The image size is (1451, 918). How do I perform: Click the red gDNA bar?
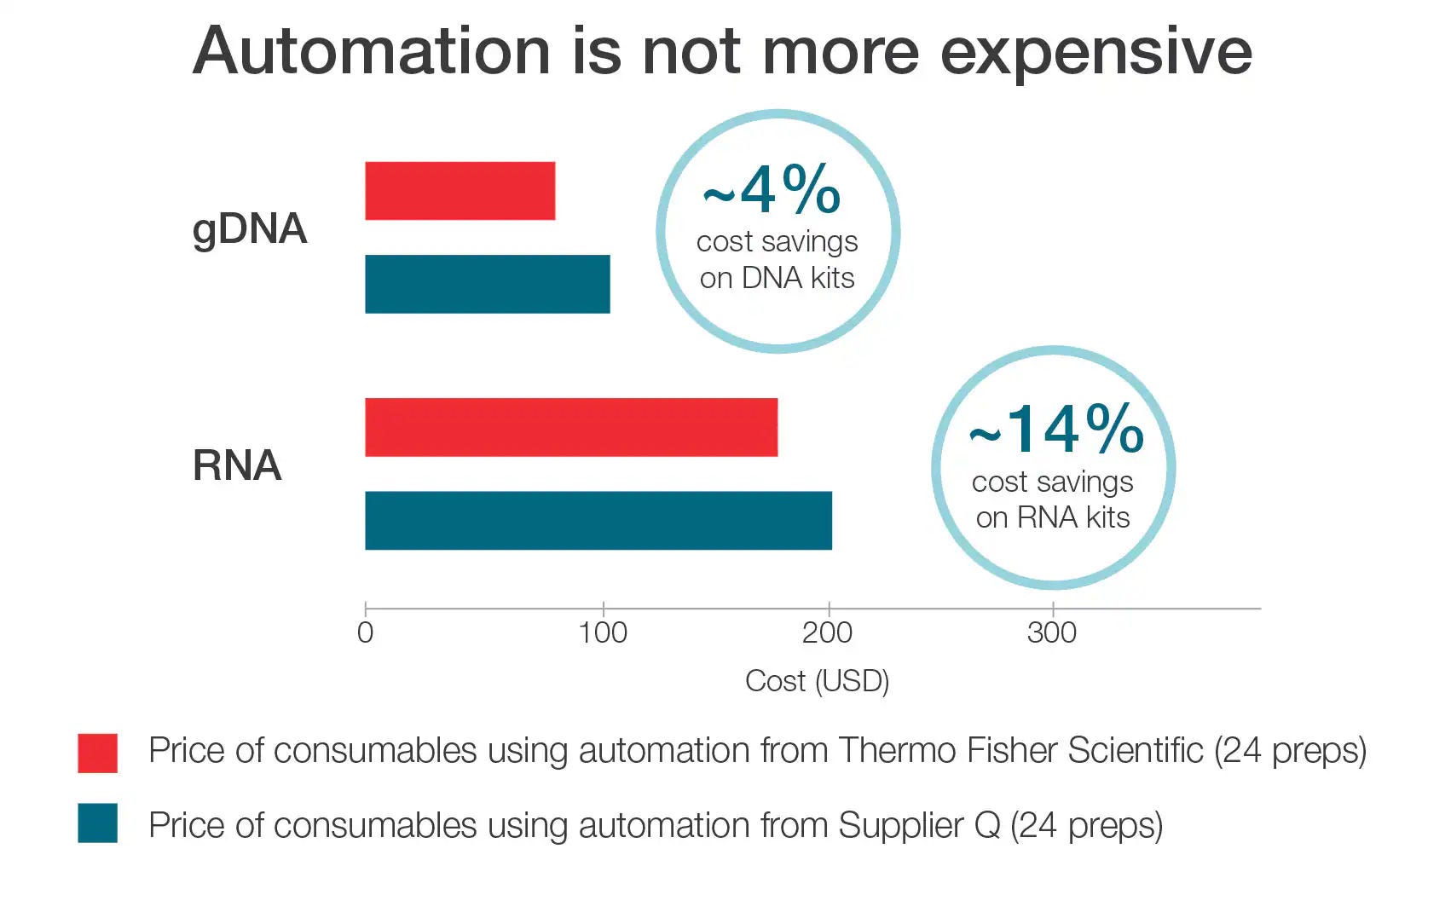coord(460,191)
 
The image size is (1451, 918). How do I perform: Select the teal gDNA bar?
coord(487,284)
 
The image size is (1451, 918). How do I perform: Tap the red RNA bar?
coord(570,427)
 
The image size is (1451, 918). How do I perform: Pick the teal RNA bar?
coord(598,520)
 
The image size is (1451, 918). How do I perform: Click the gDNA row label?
coord(249,229)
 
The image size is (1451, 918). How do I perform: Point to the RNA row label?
coord(237,465)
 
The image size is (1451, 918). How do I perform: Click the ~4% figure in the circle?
coord(772,190)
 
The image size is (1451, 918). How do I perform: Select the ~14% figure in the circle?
coord(1056,430)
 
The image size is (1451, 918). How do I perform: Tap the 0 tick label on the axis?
coord(365,632)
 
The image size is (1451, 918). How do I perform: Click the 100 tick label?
coord(603,632)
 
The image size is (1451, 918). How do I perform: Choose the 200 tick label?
coord(827,632)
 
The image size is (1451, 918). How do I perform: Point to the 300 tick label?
coord(1052,632)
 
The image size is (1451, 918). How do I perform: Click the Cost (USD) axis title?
coord(817,681)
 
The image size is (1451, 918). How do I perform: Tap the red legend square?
coord(97,753)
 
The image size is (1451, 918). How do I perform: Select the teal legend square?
coord(97,823)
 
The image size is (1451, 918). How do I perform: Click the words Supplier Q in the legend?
coord(919,825)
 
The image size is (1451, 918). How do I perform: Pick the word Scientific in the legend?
coord(1135,750)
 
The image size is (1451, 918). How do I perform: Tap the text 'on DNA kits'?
coord(777,278)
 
